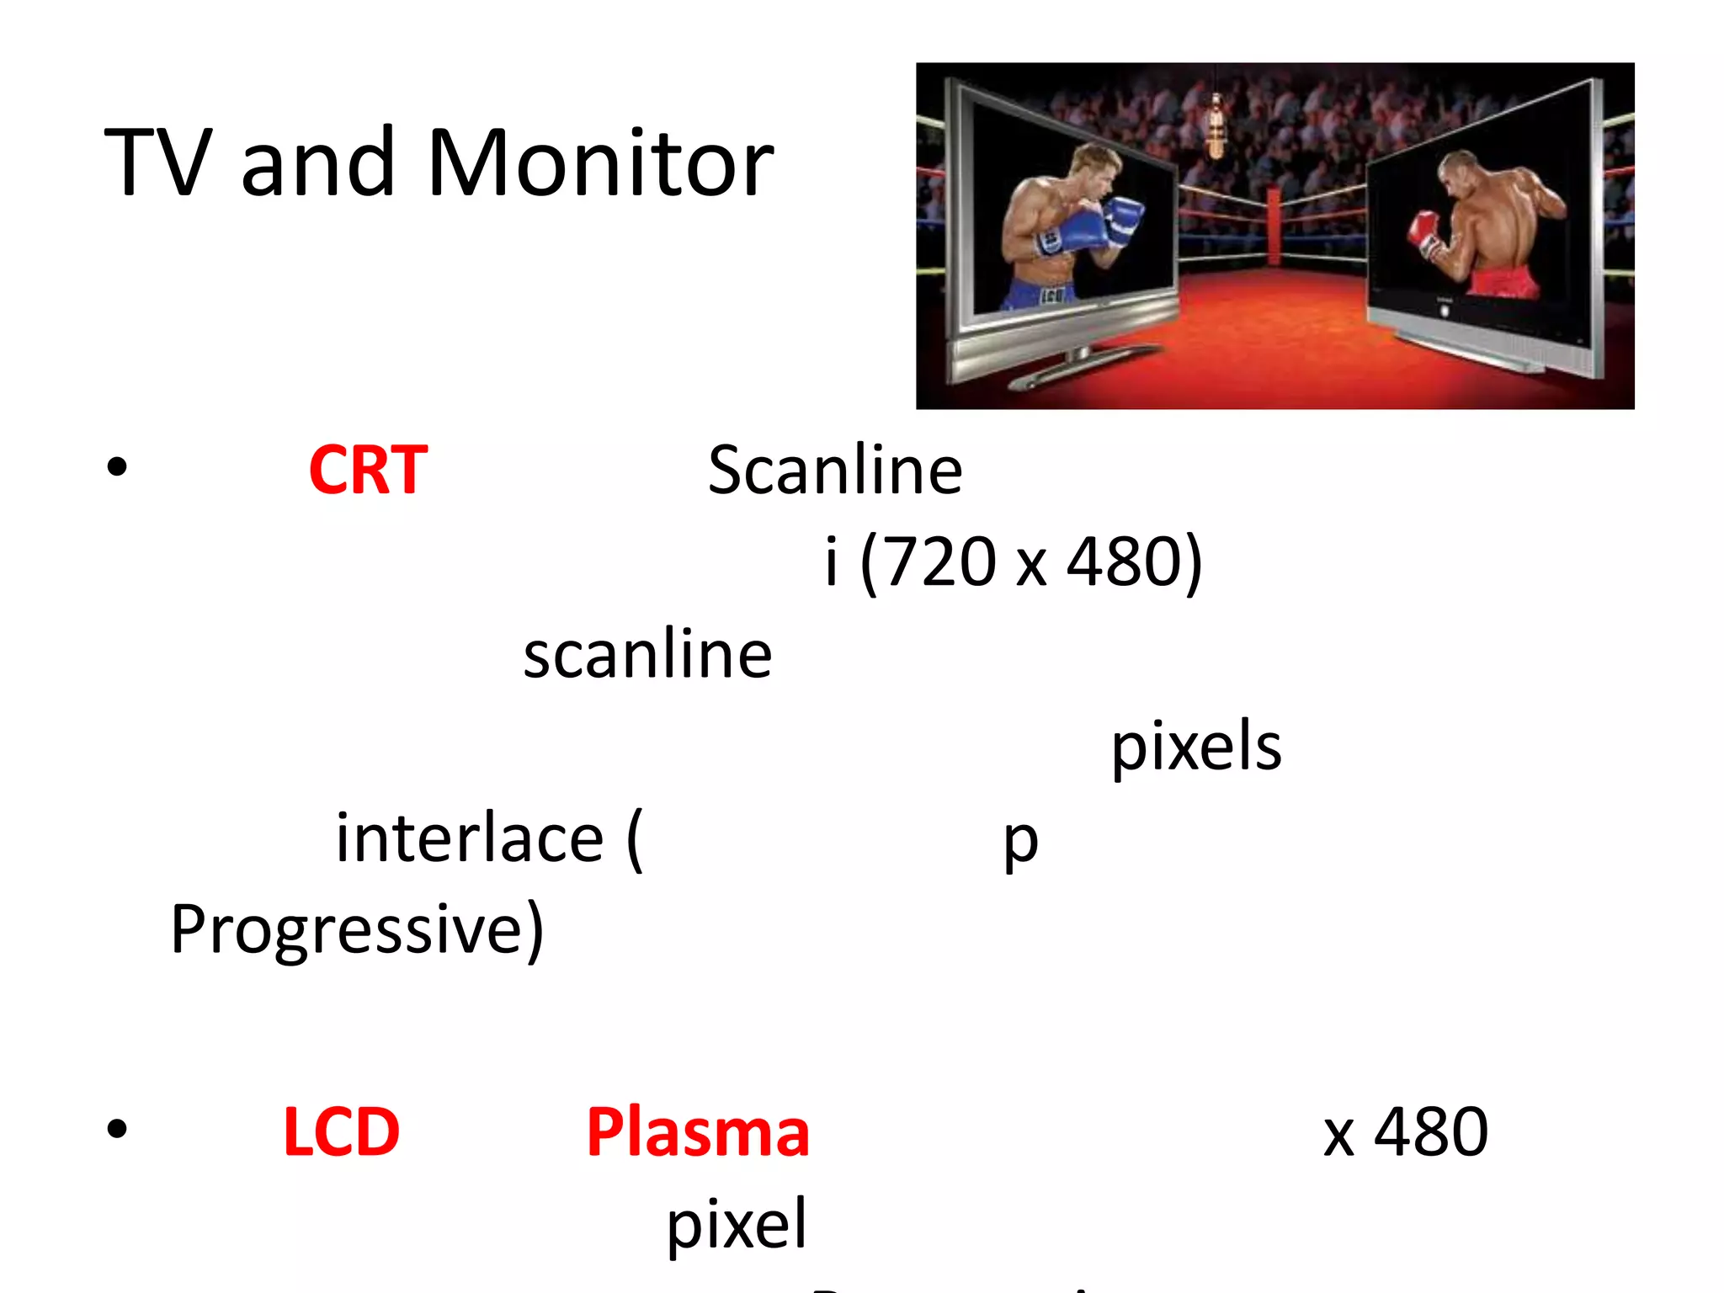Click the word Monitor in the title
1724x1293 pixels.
[599, 163]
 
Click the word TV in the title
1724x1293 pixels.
[158, 163]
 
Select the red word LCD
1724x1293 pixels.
[341, 1132]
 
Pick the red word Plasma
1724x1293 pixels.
[698, 1132]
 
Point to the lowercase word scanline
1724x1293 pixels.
[647, 654]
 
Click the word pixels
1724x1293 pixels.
[1196, 747]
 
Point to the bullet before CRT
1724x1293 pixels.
[117, 466]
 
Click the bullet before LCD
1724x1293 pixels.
[117, 1129]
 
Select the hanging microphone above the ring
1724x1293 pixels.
[1215, 126]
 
